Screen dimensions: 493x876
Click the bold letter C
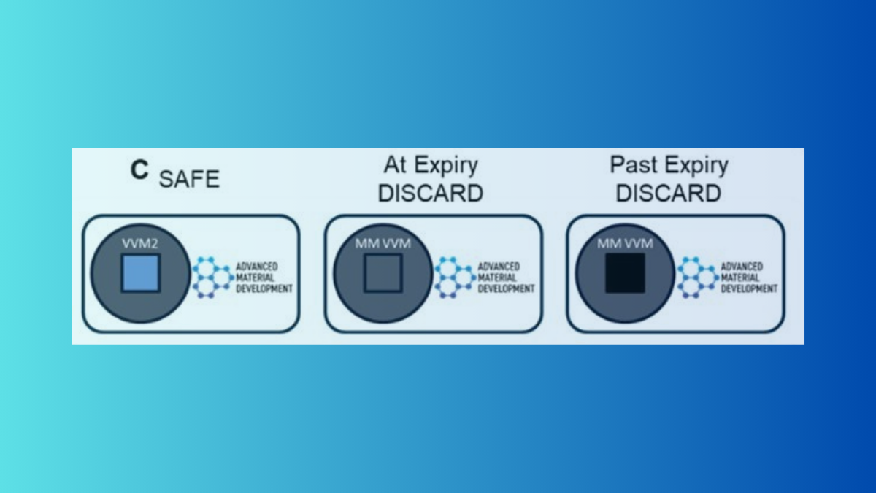pyautogui.click(x=139, y=169)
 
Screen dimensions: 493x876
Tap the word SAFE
pyautogui.click(x=189, y=179)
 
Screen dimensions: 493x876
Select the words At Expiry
pyautogui.click(x=431, y=165)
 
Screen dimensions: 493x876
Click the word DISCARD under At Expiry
pyautogui.click(x=431, y=193)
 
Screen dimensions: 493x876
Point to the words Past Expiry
pyautogui.click(x=669, y=165)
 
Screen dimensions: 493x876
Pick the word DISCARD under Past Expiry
pyautogui.click(x=669, y=193)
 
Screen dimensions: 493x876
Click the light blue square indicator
pyautogui.click(x=140, y=273)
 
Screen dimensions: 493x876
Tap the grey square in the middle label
pyautogui.click(x=383, y=273)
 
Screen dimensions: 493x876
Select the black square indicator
pyautogui.click(x=625, y=273)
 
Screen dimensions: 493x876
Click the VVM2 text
pyautogui.click(x=140, y=243)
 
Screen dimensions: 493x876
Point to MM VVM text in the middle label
pyautogui.click(x=383, y=243)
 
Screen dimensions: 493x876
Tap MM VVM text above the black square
pyautogui.click(x=625, y=243)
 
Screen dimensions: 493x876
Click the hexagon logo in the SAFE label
pyautogui.click(x=212, y=278)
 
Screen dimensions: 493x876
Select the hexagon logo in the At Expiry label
pyautogui.click(x=455, y=278)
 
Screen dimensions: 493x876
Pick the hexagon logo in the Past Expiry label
pyautogui.click(x=697, y=278)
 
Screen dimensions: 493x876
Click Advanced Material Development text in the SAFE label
pyautogui.click(x=264, y=278)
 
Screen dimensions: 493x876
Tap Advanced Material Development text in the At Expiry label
pyautogui.click(x=506, y=278)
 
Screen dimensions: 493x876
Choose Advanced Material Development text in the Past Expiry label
pyautogui.click(x=748, y=278)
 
